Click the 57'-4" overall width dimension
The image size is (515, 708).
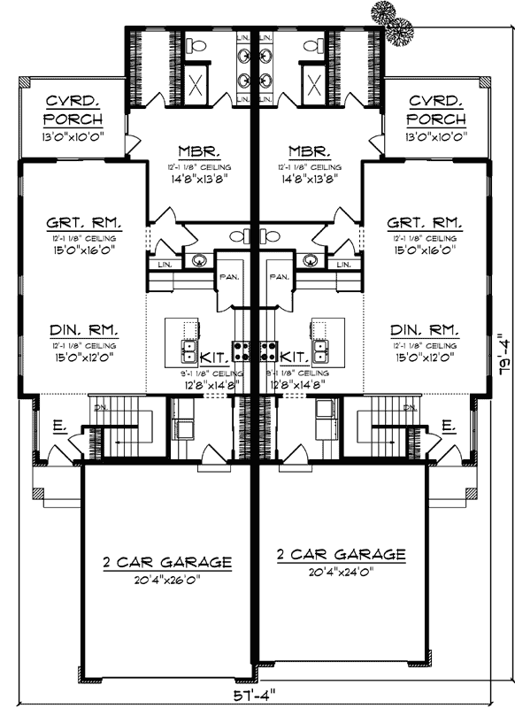click(x=257, y=695)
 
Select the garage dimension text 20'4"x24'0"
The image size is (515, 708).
click(x=342, y=571)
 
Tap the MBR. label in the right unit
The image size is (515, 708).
click(x=309, y=150)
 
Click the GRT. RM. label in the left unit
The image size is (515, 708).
click(x=84, y=223)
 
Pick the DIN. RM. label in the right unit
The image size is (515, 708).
click(x=425, y=328)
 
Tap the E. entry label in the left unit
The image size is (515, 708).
click(x=58, y=427)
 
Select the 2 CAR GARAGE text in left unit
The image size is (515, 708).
click(x=167, y=562)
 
